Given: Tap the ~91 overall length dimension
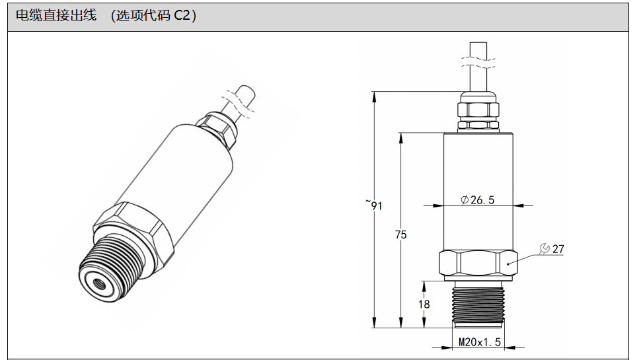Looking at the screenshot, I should pos(375,205).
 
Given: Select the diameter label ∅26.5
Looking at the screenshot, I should pos(477,200).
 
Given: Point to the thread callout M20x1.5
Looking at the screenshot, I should pos(480,342).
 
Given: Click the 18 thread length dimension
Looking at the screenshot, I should pos(424,305).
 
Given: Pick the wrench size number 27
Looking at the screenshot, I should pos(558,249).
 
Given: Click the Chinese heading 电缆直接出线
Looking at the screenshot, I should pos(55,17).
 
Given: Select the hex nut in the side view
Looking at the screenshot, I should pos(477,264).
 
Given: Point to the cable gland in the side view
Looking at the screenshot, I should pos(478,111).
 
